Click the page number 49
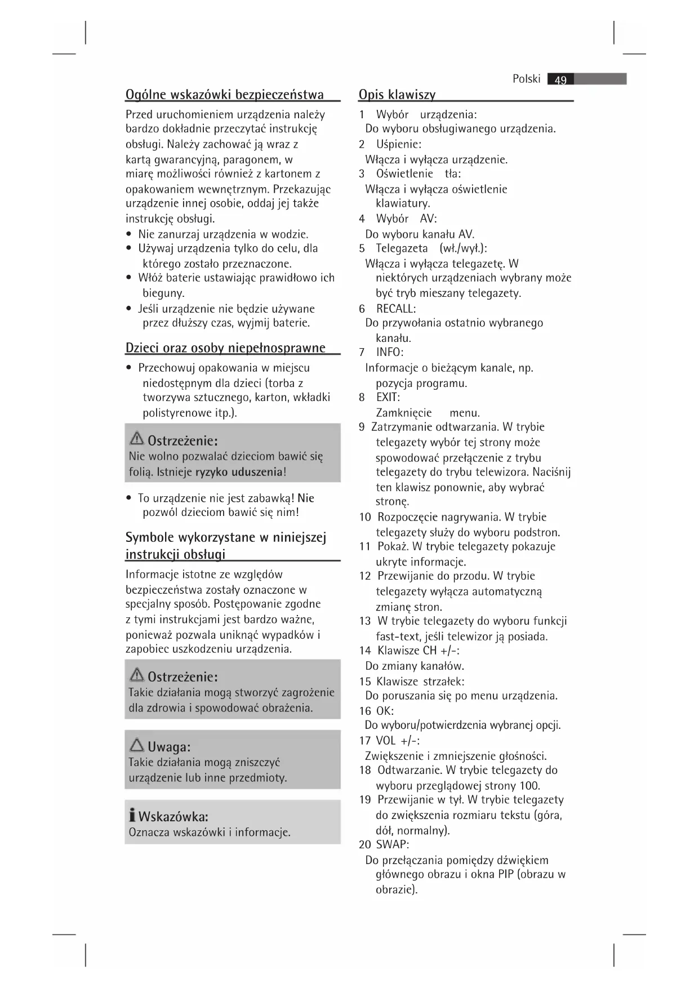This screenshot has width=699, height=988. [560, 80]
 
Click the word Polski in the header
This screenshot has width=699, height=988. [526, 79]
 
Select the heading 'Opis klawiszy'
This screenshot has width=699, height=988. [397, 94]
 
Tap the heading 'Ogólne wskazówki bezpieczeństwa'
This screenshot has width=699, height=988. [225, 94]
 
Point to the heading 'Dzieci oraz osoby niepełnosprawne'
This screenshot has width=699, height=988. [225, 348]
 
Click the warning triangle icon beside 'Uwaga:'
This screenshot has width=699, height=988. [136, 746]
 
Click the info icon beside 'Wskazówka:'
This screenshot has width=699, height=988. [132, 815]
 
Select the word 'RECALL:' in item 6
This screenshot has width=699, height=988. [396, 309]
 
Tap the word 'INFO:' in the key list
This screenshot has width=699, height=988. [390, 353]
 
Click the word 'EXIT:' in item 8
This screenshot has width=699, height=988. [388, 397]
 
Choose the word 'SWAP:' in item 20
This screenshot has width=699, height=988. [393, 844]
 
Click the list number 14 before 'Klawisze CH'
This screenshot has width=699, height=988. [365, 651]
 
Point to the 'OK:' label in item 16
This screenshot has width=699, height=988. [385, 711]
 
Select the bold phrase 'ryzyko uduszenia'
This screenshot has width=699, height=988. [239, 472]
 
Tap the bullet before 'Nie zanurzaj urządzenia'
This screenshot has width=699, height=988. [130, 234]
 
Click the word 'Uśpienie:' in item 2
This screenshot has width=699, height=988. [399, 144]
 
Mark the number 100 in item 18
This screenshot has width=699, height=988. [530, 786]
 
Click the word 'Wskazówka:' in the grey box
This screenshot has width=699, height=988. [173, 817]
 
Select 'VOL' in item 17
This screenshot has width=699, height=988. [386, 741]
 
